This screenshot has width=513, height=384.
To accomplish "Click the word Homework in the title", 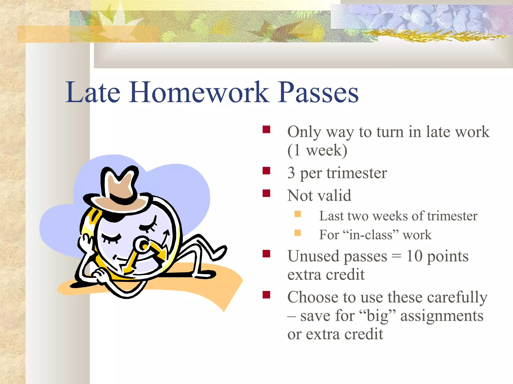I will [x=199, y=92].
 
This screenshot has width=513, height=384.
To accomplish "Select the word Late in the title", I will [x=93, y=92].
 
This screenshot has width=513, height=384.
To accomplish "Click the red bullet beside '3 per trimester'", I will [x=266, y=171].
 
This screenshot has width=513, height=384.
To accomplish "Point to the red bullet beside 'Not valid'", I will [x=266, y=193].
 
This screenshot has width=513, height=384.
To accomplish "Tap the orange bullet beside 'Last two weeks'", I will [x=298, y=214].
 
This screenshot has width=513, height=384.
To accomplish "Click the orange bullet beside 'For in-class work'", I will [x=298, y=233].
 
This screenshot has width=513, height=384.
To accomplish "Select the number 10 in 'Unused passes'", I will [x=414, y=256].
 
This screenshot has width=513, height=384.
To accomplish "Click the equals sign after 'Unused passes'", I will [x=396, y=256].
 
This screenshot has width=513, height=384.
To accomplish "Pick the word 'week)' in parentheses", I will [x=327, y=150].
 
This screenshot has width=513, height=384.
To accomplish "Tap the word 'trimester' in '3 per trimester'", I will [x=357, y=173].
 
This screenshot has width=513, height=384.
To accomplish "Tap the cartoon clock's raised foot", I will [x=218, y=252].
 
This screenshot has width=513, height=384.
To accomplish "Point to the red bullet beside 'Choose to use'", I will [x=266, y=295].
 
